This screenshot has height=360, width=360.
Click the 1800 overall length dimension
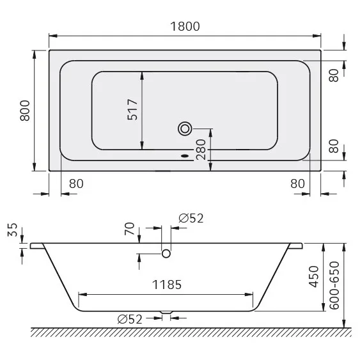pyautogui.click(x=185, y=26)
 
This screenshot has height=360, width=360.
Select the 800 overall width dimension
pyautogui.click(x=25, y=111)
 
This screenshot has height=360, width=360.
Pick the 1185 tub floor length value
pyautogui.click(x=166, y=285)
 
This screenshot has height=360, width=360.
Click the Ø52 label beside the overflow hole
pyautogui.click(x=191, y=218)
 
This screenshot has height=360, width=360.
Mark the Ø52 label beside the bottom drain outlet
pyautogui.click(x=131, y=320)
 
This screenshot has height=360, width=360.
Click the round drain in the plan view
pyautogui.click(x=185, y=129)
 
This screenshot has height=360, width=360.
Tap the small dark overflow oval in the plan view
pyautogui.click(x=185, y=154)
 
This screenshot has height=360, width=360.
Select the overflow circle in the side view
pyautogui.click(x=167, y=254)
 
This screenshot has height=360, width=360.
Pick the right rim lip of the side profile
pyautogui.click(x=297, y=246)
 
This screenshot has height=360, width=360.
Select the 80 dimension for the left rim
pyautogui.click(x=75, y=183)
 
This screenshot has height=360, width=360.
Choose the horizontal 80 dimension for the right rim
pyautogui.click(x=297, y=183)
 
